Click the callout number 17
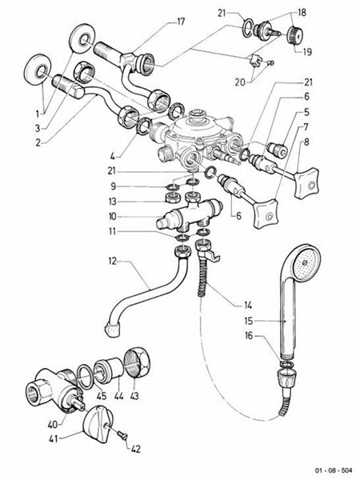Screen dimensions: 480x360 click(x=181, y=21)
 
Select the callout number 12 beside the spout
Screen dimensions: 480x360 click(x=114, y=260)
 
